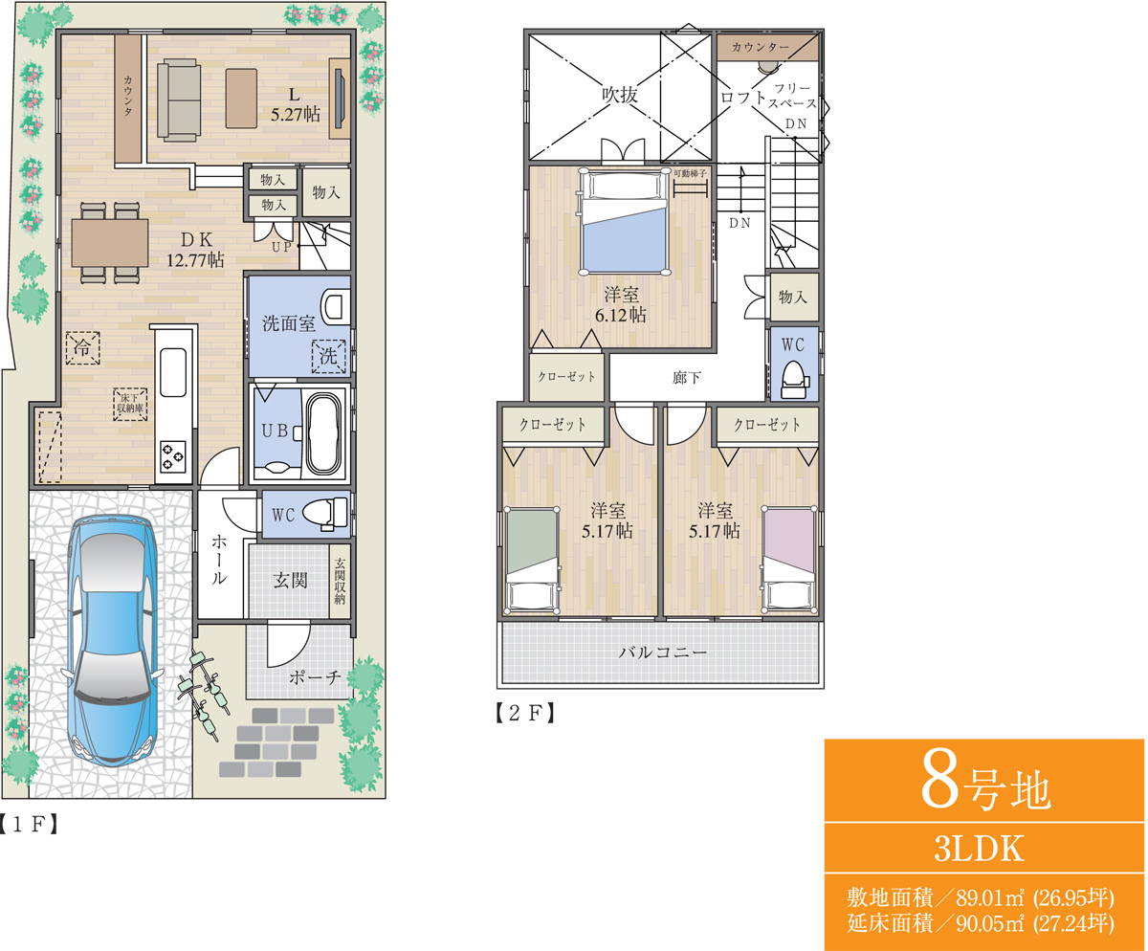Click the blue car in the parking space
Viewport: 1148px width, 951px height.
point(112,641)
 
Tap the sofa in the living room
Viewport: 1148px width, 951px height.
point(179,100)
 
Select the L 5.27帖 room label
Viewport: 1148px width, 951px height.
point(296,104)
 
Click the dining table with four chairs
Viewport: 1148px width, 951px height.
point(110,243)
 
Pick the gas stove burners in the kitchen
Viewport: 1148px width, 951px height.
point(172,456)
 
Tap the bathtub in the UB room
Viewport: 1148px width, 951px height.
point(322,432)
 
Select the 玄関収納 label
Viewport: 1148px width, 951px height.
point(340,581)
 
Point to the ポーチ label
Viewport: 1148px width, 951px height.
point(315,677)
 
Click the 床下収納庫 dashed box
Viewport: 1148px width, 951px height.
point(130,405)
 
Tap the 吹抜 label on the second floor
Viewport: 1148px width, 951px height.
point(620,95)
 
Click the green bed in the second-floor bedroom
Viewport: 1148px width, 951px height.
point(532,560)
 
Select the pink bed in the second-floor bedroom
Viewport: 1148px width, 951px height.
point(789,559)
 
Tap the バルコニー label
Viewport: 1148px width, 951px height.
point(663,652)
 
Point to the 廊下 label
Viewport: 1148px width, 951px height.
point(687,378)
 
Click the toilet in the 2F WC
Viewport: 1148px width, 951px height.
point(794,380)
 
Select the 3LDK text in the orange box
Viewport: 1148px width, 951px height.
point(980,849)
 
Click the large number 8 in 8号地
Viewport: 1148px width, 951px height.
point(940,786)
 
